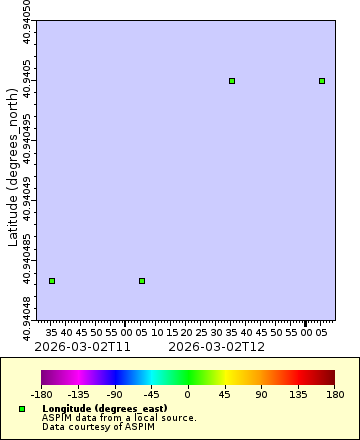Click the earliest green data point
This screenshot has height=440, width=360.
click(x=52, y=281)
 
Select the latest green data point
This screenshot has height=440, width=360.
click(x=322, y=81)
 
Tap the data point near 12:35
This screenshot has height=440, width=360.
click(x=232, y=81)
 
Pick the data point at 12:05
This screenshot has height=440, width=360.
click(x=142, y=281)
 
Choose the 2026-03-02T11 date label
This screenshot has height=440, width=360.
click(x=83, y=346)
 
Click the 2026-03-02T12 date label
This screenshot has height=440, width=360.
click(x=217, y=346)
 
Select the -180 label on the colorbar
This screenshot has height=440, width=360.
click(x=42, y=395)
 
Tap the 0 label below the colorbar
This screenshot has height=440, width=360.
click(x=188, y=395)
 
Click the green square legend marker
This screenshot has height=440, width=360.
click(x=22, y=409)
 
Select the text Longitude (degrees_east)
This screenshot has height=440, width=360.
click(x=106, y=409)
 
